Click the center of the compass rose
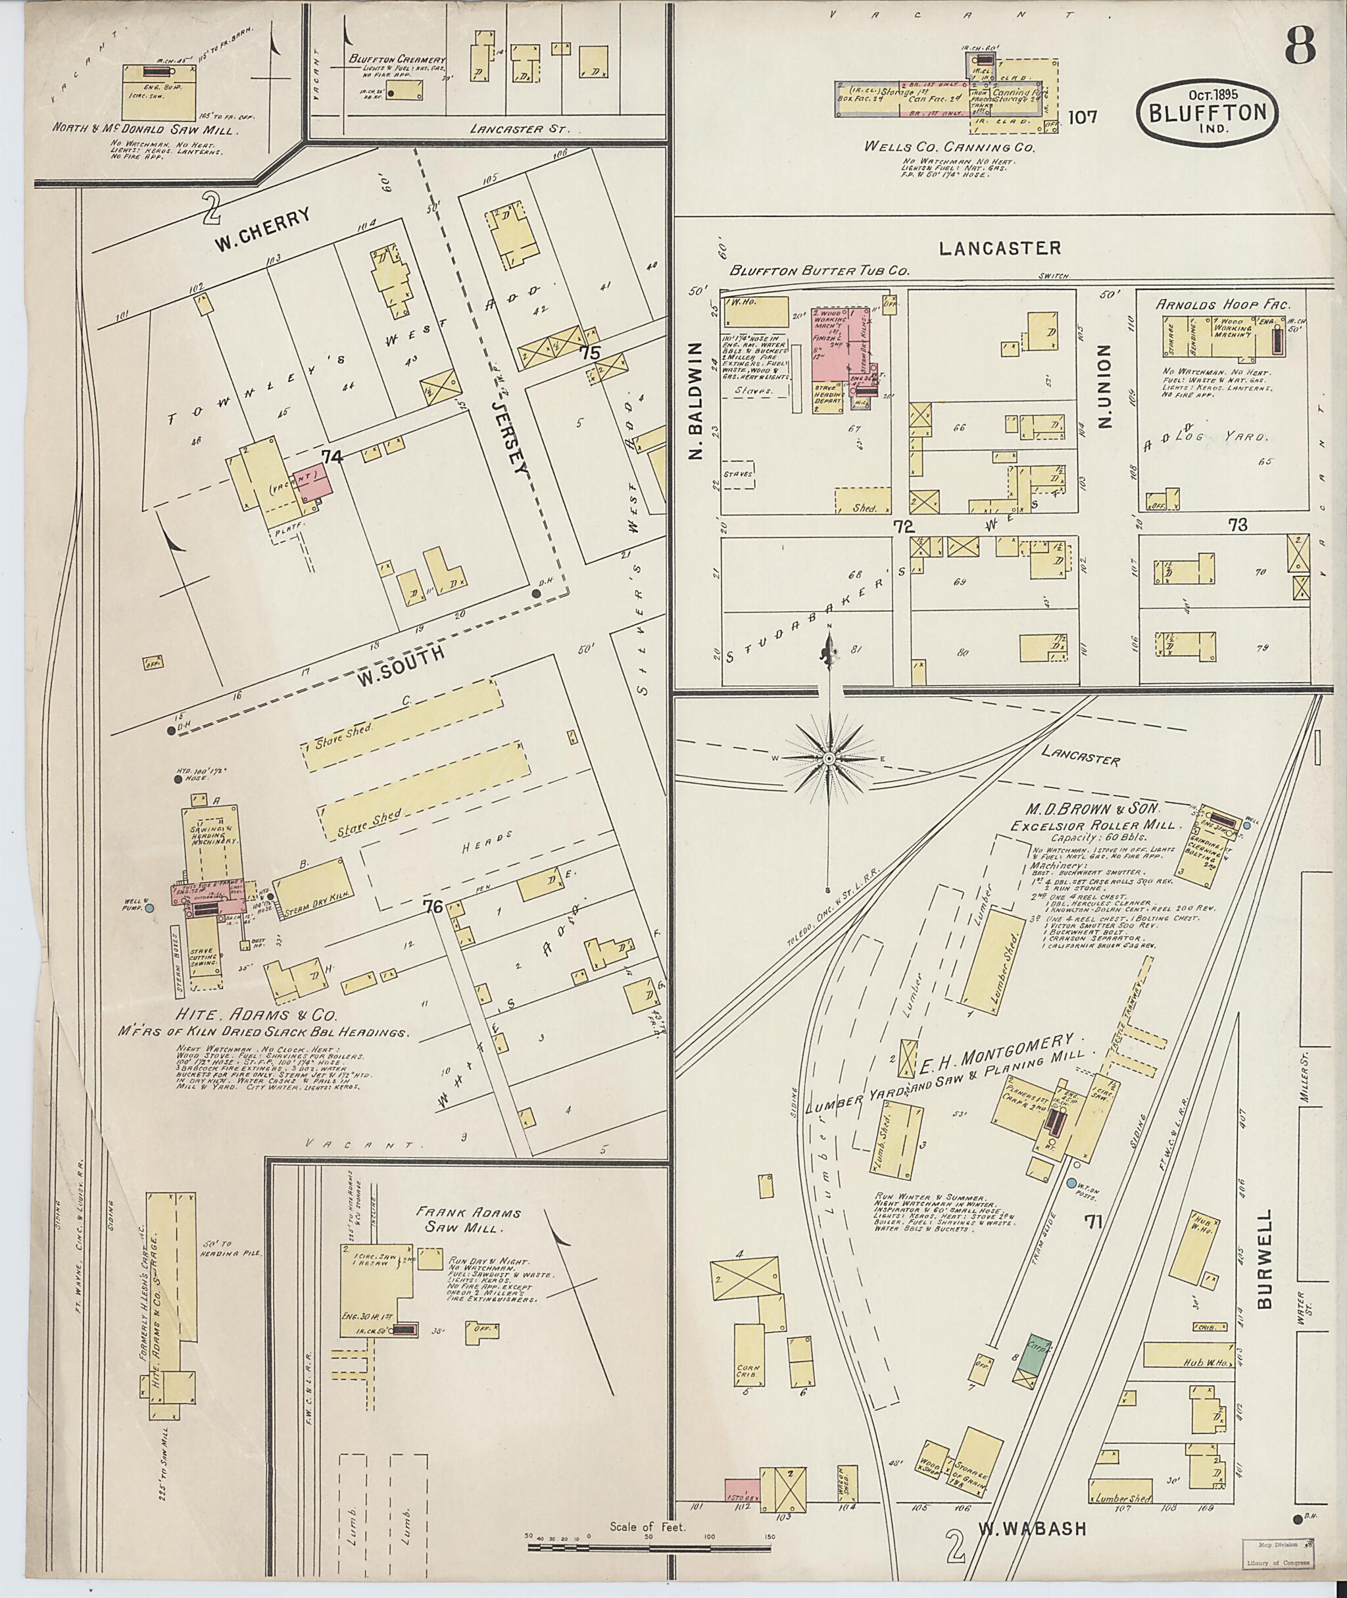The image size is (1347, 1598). [x=829, y=759]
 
